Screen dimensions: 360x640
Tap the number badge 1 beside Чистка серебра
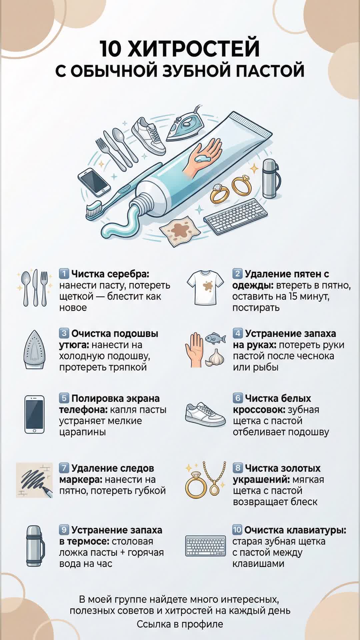pyautogui.click(x=64, y=274)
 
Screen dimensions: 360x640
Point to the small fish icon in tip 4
pyautogui.click(x=214, y=338)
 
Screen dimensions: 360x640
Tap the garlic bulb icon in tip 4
pyautogui.click(x=214, y=358)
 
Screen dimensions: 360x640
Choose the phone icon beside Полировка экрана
pyautogui.click(x=34, y=414)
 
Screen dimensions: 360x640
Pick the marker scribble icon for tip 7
pyautogui.click(x=34, y=480)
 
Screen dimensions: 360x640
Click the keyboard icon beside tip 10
pyautogui.click(x=205, y=546)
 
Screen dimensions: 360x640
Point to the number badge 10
pyautogui.click(x=237, y=530)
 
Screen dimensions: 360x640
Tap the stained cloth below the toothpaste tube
pyautogui.click(x=180, y=231)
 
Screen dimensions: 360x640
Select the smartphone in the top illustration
pyautogui.click(x=94, y=182)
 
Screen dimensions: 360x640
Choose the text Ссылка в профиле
pyautogui.click(x=180, y=624)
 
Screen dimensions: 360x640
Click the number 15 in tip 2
pyautogui.click(x=293, y=296)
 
